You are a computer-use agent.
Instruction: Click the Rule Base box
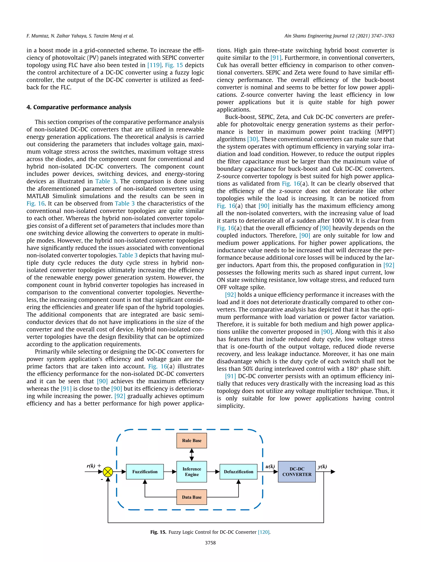(192, 441)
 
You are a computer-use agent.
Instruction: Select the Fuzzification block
(145, 471)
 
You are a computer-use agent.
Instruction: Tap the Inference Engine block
(192, 471)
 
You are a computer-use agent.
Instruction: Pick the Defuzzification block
(238, 471)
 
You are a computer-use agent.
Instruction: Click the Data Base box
(192, 497)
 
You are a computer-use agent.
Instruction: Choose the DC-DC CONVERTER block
(297, 471)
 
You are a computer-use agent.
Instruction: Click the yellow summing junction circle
(108, 472)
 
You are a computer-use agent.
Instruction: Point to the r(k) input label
(91, 466)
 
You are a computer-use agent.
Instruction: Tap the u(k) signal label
(270, 467)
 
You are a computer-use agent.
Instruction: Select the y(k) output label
(322, 467)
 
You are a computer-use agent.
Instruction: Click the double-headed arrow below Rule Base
(192, 455)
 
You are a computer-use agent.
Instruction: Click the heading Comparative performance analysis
(79, 107)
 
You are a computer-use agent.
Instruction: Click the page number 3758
(210, 543)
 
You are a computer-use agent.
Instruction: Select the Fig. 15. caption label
(158, 532)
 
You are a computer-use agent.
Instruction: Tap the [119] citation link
(154, 65)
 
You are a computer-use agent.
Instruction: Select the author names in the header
(80, 36)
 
